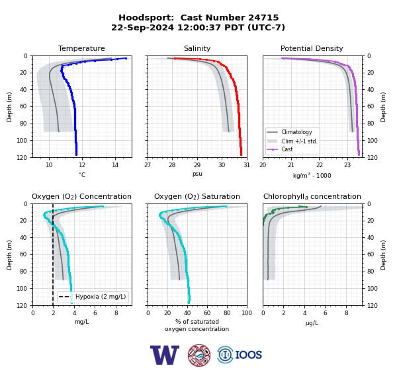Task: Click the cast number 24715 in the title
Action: tap(263, 18)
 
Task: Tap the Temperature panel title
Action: tap(81, 48)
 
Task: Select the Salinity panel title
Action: tap(197, 48)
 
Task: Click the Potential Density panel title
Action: tap(312, 48)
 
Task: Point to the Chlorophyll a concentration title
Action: tap(312, 196)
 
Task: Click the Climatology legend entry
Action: tap(296, 132)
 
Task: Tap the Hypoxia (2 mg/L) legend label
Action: tap(101, 297)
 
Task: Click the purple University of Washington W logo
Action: tap(165, 355)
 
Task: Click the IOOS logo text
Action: tap(248, 355)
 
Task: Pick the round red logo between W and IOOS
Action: tap(199, 355)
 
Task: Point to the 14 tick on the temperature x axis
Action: tap(115, 165)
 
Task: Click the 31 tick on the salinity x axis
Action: tap(247, 165)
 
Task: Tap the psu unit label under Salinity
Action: tap(197, 174)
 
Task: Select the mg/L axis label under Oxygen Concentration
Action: tap(81, 322)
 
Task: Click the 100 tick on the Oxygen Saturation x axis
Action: tap(247, 313)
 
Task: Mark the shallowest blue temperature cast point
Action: tap(126, 58)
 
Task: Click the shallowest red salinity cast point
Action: tap(175, 58)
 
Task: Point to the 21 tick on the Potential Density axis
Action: tap(291, 165)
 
